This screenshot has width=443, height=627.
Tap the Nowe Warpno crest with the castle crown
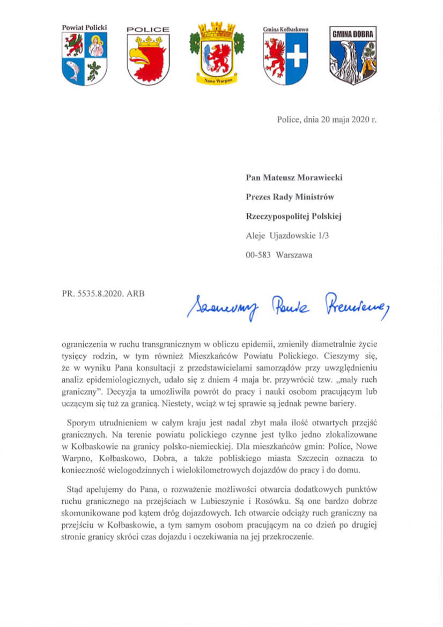[x=217, y=54]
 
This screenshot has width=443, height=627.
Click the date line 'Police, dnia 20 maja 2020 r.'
[x=327, y=120]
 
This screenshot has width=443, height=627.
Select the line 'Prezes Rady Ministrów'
[x=290, y=197]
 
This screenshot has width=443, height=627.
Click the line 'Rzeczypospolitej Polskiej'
[x=294, y=216]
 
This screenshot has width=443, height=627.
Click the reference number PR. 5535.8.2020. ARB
[x=103, y=293]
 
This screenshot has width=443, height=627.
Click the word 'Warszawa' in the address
[x=294, y=255]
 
